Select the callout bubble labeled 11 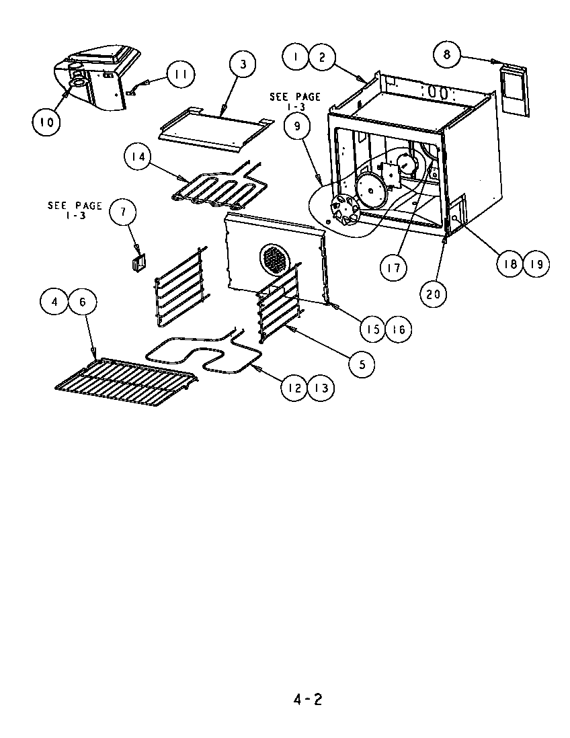[178, 75]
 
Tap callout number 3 [243, 64]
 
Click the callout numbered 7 [123, 212]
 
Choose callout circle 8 [448, 54]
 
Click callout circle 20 [435, 293]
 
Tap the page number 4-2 [308, 700]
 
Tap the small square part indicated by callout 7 [139, 260]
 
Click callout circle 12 [294, 388]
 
